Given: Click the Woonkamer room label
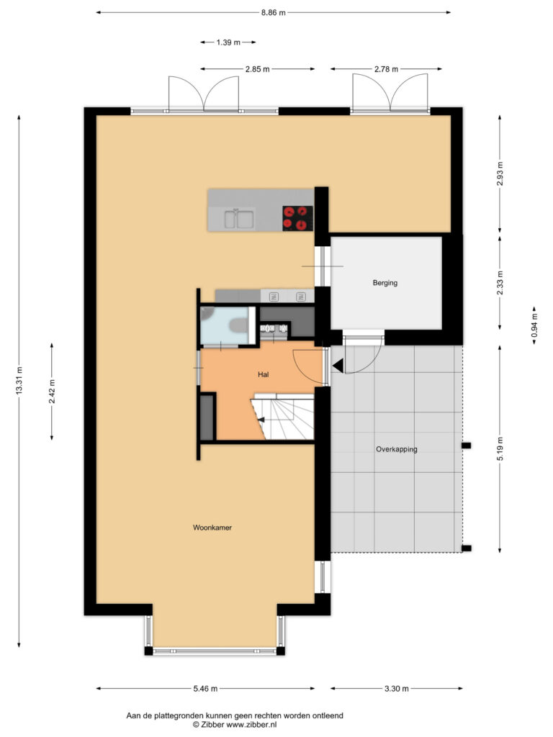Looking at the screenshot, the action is click(x=212, y=528).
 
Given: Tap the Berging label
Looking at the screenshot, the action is click(x=385, y=283).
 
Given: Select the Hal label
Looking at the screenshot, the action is click(x=264, y=374).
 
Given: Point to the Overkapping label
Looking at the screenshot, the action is click(x=397, y=449).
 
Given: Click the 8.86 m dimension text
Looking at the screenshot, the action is click(x=274, y=13).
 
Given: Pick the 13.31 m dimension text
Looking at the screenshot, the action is click(x=19, y=380).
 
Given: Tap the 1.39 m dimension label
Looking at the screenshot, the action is click(x=228, y=42).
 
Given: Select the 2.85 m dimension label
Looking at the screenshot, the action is click(x=258, y=69).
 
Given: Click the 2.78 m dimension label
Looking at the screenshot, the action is click(x=386, y=69).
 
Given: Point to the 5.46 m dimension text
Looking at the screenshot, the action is click(x=205, y=689).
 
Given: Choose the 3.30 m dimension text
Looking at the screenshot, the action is click(x=397, y=689).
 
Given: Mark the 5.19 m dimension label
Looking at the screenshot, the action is click(x=500, y=449).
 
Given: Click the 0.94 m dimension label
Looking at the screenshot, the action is click(x=534, y=326).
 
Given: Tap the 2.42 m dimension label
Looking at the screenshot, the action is click(x=52, y=392).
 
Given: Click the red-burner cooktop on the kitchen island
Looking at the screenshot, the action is click(x=297, y=218).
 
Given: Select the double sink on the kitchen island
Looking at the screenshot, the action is click(x=239, y=219).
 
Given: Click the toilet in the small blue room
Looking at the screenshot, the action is click(x=238, y=325).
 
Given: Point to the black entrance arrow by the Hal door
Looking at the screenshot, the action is click(x=338, y=365).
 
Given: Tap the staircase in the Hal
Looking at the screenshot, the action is click(x=282, y=417).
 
